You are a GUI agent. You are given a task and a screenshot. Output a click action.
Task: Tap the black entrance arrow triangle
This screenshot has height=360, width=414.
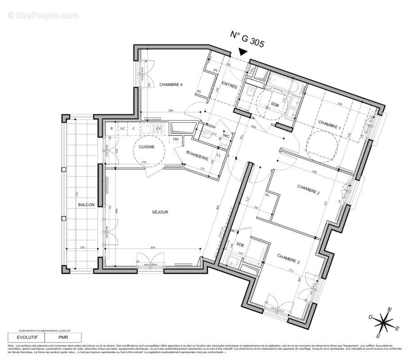coord(243,53)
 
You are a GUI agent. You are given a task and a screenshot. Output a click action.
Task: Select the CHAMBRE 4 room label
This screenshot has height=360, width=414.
coord(170,85)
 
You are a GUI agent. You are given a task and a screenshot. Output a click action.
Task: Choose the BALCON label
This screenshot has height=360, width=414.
coord(86,205)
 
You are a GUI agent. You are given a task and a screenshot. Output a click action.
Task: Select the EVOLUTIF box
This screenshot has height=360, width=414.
coord(27,337)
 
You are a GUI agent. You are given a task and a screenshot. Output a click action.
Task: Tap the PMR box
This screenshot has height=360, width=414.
coord(63,337)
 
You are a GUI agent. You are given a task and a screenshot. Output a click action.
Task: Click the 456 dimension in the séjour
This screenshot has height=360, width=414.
coord(152,248)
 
